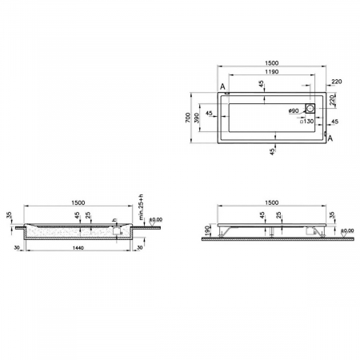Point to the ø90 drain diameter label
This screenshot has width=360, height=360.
point(292,110)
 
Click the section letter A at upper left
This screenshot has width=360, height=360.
point(221,87)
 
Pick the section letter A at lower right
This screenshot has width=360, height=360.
point(331,139)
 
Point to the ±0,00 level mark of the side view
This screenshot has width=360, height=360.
point(347,232)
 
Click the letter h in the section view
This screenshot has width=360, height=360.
point(114,220)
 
